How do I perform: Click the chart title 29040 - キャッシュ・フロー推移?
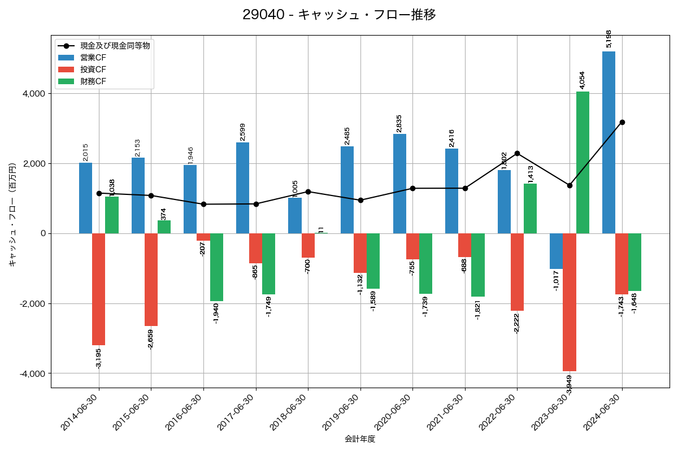pyautogui.click(x=339, y=15)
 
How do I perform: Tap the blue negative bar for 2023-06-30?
pyautogui.click(x=556, y=251)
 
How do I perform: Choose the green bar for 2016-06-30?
pyautogui.click(x=216, y=267)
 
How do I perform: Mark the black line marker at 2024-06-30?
pyautogui.click(x=622, y=122)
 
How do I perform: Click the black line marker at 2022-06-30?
pyautogui.click(x=517, y=153)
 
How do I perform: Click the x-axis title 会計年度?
pyautogui.click(x=360, y=439)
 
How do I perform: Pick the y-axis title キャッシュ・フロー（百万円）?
pyautogui.click(x=12, y=211)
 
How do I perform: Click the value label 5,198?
pyautogui.click(x=609, y=38)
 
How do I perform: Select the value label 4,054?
pyautogui.click(x=583, y=80)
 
